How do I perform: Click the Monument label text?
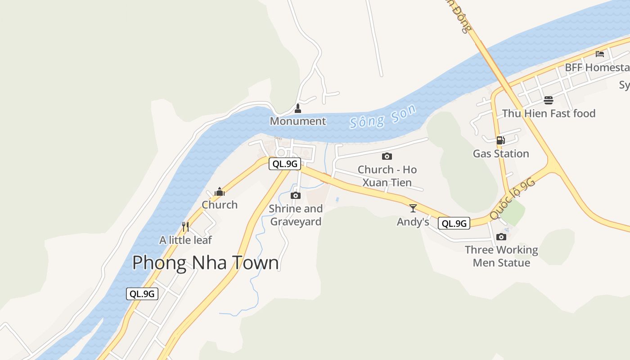[297, 121]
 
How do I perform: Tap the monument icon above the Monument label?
[297, 108]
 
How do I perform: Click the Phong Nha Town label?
[205, 262]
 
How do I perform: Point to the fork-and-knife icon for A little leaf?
[185, 226]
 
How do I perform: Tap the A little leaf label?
[185, 240]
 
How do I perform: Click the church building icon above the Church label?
[220, 192]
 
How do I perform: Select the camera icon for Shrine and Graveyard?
[296, 195]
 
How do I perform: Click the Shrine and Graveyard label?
[296, 215]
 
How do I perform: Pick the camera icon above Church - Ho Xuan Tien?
[387, 156]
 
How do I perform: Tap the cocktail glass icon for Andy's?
[413, 208]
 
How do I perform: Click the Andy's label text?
[413, 222]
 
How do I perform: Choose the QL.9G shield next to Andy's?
[454, 223]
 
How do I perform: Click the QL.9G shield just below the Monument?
[284, 164]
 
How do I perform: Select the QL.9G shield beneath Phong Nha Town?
[142, 294]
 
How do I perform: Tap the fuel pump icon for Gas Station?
[500, 140]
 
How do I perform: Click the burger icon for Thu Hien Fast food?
[548, 100]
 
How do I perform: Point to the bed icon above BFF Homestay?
[599, 54]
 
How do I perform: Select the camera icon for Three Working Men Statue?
[501, 237]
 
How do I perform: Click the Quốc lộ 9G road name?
[513, 198]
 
